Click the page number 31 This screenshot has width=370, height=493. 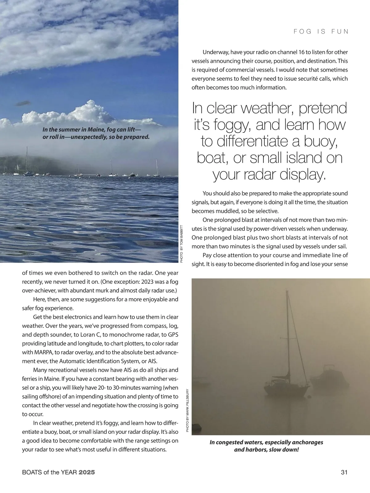pos(344,472)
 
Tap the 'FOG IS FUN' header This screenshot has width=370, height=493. pos(321,31)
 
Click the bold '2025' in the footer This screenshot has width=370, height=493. pos(87,472)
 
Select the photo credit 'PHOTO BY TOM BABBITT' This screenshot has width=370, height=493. pos(182,244)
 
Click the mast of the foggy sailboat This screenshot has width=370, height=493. pos(288,333)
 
